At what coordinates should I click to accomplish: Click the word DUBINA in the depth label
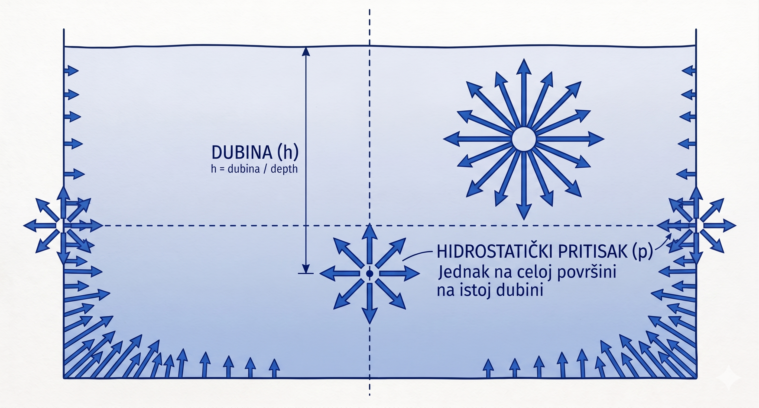(242, 152)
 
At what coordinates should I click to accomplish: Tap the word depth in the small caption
(284, 169)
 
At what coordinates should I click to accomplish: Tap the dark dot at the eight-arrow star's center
(369, 274)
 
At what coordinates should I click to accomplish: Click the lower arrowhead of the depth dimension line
(306, 269)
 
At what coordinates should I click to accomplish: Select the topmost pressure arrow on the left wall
(71, 71)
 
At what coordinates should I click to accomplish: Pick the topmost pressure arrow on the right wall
(689, 71)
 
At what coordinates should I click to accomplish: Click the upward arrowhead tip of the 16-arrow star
(524, 59)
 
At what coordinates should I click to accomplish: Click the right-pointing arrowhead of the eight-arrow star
(412, 273)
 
